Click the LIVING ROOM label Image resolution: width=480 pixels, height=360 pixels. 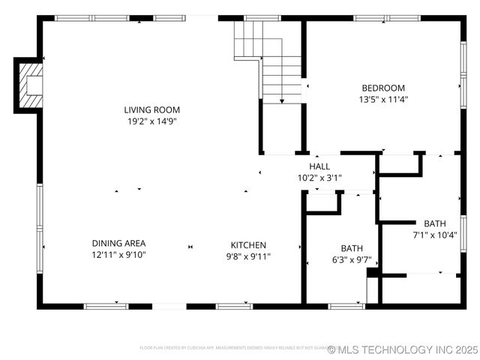(152, 110)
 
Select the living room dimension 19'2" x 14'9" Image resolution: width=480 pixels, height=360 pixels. (152, 121)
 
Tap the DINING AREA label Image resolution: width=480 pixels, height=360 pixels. (118, 244)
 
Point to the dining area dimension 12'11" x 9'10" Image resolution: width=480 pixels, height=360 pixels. (118, 255)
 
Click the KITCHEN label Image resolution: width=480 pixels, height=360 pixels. (248, 245)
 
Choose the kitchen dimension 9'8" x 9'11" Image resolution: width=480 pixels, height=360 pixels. (248, 256)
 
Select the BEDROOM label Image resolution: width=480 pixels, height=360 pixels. (383, 88)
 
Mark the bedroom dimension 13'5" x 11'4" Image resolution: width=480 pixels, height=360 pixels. (383, 99)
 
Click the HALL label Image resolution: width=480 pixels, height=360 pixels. (319, 166)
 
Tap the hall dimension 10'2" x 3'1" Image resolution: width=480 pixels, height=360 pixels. (319, 178)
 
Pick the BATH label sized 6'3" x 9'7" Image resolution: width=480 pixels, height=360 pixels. (352, 248)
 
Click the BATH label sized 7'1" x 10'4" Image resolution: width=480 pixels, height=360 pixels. (434, 223)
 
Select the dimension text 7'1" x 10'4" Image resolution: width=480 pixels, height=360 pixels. (435, 235)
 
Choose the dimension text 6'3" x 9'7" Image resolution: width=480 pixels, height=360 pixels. (352, 259)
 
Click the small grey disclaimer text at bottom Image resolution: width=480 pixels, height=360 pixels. (232, 348)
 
